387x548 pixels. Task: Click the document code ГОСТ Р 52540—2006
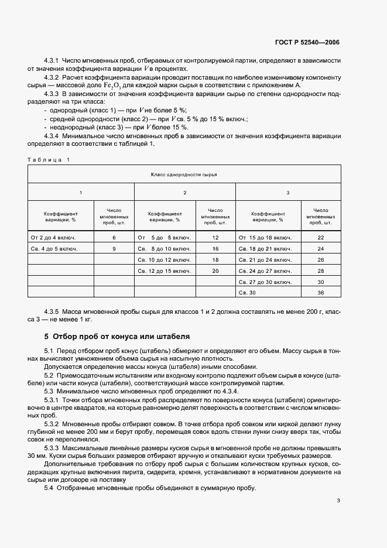[307, 42]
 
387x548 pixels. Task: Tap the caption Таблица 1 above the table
[49, 160]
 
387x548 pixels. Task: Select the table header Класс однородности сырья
[184, 174]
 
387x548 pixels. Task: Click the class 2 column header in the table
[185, 192]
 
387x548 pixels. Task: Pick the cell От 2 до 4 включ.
[53, 237]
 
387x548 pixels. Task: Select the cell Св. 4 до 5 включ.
[53, 248]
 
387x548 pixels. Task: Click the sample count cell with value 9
[114, 248]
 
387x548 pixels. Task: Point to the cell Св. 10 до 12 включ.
[164, 259]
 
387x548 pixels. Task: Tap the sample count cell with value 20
[215, 270]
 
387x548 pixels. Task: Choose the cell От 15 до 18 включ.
[264, 237]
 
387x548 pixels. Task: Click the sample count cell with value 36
[320, 293]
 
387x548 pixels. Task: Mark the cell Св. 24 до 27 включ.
[264, 270]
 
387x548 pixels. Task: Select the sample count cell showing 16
[215, 248]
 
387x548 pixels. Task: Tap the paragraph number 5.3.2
[53, 423]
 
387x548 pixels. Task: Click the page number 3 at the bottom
[338, 500]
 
